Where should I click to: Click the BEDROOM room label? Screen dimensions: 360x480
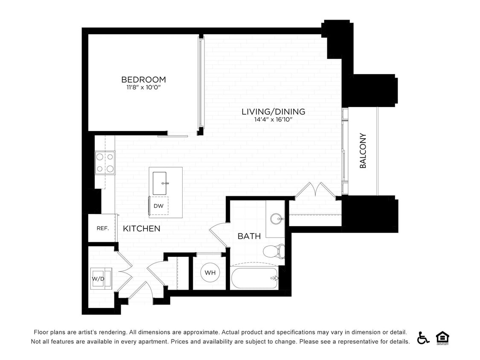click(x=143, y=80)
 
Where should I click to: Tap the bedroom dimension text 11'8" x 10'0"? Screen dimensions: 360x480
click(x=143, y=87)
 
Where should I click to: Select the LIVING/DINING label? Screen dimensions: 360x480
click(x=273, y=112)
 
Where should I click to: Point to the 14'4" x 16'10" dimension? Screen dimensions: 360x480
click(x=273, y=119)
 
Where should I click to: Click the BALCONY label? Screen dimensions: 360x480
click(x=363, y=151)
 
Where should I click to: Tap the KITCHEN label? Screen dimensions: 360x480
click(x=142, y=229)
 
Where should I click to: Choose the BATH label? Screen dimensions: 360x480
click(x=249, y=236)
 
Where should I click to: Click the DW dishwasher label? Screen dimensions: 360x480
click(x=159, y=206)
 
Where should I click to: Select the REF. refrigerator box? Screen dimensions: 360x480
click(x=102, y=228)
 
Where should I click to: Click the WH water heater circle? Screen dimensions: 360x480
click(x=209, y=273)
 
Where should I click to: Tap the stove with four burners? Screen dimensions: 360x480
click(x=105, y=163)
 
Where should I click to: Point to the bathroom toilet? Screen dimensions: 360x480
click(x=274, y=251)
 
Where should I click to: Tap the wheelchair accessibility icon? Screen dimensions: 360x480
click(x=423, y=337)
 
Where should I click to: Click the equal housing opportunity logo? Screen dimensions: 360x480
click(x=442, y=337)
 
